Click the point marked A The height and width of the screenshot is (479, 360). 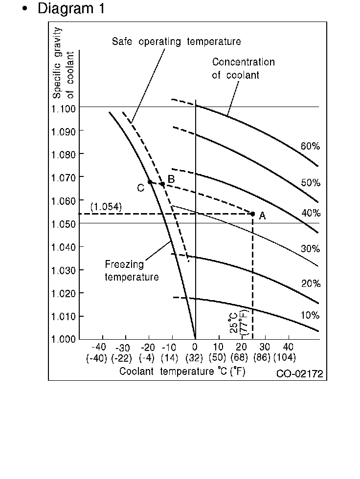pos(253,214)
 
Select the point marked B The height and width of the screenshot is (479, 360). pos(162,184)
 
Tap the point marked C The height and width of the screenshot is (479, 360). pos(150,182)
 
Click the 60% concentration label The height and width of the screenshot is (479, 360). pos(310,146)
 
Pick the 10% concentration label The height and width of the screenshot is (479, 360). pos(310,315)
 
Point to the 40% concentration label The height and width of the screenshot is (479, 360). pos(310,213)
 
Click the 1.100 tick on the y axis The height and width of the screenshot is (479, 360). pos(63,108)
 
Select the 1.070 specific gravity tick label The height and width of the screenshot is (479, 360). pos(63,177)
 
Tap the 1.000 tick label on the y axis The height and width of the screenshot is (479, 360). pos(63,339)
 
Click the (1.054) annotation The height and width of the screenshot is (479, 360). pos(106,207)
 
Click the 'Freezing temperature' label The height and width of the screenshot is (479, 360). pos(132,271)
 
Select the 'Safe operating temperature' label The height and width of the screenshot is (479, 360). pos(176,42)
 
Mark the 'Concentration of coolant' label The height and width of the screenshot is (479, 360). pos(243,69)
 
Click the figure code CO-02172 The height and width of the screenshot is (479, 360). pos(299,374)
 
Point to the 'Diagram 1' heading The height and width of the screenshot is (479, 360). pos(71,9)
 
